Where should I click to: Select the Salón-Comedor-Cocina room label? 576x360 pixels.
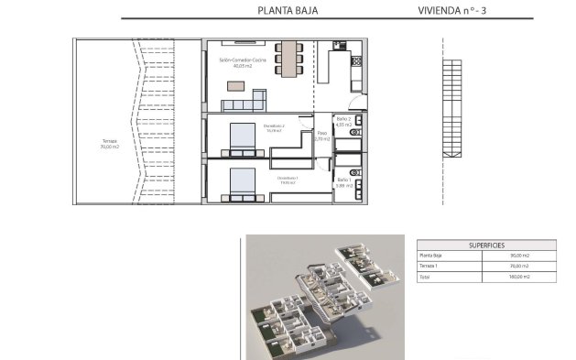tap(242, 62)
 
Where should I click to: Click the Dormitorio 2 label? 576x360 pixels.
tap(275, 128)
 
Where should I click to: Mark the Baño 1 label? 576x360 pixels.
tap(343, 182)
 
